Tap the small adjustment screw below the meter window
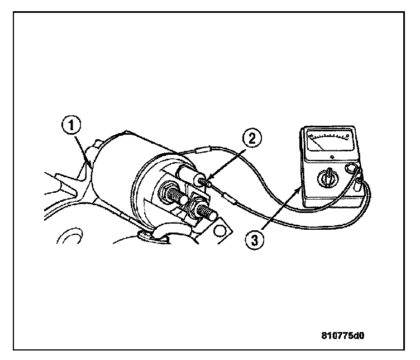[332, 157]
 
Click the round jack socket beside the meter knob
[352, 168]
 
